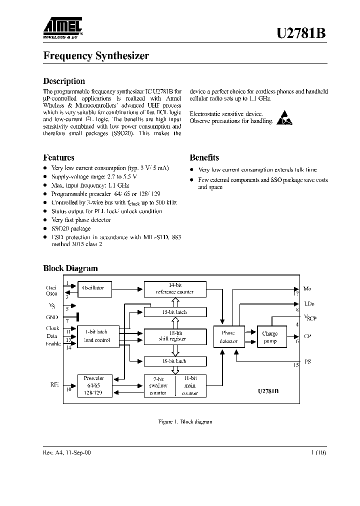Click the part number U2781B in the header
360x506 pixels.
click(x=302, y=33)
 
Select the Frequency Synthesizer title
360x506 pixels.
click(x=96, y=56)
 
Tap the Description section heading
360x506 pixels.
click(x=64, y=81)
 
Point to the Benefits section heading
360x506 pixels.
click(x=204, y=157)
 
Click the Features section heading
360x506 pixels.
click(x=58, y=157)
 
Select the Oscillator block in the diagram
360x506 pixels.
click(x=94, y=288)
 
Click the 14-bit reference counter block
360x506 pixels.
click(x=174, y=288)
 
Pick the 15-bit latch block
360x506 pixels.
click(x=174, y=312)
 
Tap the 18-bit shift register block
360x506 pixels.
click(x=174, y=335)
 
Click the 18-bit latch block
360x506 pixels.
click(x=174, y=360)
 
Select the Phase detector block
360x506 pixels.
click(x=227, y=337)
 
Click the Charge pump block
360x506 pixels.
click(x=269, y=337)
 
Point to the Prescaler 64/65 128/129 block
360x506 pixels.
click(x=94, y=385)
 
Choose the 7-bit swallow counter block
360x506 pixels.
click(x=158, y=385)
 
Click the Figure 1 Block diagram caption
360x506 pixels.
click(x=185, y=421)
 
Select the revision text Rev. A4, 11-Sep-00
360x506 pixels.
click(x=67, y=452)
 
